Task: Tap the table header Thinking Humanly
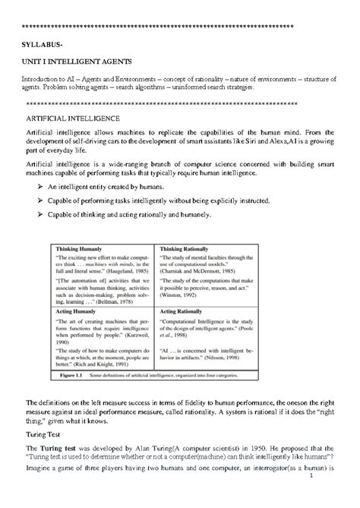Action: pos(78,248)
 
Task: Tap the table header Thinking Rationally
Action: pos(185,248)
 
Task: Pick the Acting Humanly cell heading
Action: pos(74,312)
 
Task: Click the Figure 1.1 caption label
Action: pos(74,374)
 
